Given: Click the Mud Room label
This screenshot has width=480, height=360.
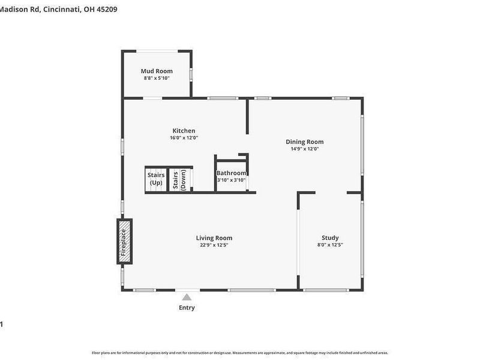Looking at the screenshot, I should click(x=157, y=71).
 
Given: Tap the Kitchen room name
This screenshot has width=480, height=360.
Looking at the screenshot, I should click(x=184, y=131).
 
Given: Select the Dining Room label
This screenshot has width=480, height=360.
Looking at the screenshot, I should click(x=304, y=142).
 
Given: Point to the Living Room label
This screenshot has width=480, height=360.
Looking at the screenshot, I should click(x=214, y=238).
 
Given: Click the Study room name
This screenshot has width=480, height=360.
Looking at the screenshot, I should click(x=330, y=238).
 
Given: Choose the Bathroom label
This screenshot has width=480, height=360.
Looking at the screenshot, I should click(x=231, y=173).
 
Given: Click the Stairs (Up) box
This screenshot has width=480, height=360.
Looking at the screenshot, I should click(x=156, y=179).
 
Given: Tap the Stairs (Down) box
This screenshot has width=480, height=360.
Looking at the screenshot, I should click(x=180, y=179).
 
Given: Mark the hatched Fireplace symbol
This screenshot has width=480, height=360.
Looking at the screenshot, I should click(x=124, y=242).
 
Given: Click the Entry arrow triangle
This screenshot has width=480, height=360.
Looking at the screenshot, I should click(x=187, y=297).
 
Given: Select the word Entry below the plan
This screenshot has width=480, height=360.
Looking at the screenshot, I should click(x=187, y=308).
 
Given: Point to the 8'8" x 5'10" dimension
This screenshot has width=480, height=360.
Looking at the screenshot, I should click(x=157, y=78).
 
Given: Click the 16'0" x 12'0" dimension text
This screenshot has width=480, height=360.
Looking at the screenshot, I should click(x=184, y=137).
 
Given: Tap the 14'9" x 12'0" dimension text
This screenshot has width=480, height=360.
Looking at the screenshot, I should click(x=304, y=149).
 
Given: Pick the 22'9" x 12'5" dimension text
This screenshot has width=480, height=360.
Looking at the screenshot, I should click(x=214, y=245).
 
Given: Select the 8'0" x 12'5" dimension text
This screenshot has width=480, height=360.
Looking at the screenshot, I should click(x=330, y=245).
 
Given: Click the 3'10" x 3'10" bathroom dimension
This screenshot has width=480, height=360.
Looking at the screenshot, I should click(x=231, y=179).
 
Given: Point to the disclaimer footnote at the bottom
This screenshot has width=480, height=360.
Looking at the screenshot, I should click(x=239, y=353).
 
